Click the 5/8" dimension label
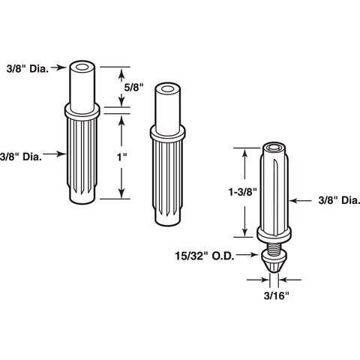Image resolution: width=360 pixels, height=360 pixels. pos(133,87)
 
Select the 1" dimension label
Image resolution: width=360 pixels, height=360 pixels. pos(122,157)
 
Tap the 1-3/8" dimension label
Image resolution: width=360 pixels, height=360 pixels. pos(243,192)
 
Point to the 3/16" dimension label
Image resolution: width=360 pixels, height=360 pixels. pos(277,295)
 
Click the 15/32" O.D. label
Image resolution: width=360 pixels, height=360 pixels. pos(205,256)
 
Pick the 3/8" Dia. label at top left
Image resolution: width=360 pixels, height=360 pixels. pos(28,69)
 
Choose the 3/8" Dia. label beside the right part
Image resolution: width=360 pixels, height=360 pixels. pos(339,200)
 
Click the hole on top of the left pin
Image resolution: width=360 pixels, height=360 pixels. pos(82,67)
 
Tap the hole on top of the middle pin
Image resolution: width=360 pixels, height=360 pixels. pos(167,89)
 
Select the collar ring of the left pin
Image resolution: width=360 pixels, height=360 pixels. pos(82,111)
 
